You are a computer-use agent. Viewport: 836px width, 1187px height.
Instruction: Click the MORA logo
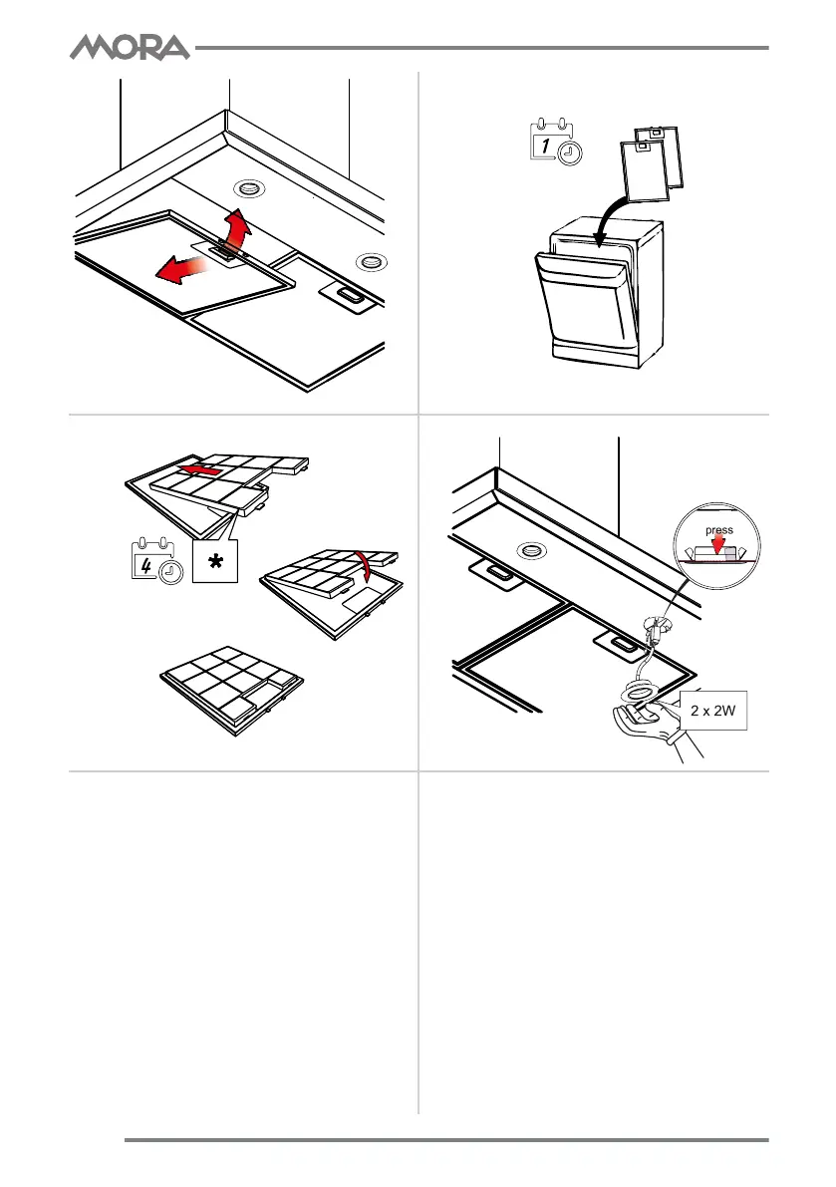click(x=129, y=47)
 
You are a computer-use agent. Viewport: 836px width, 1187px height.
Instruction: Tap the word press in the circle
click(x=718, y=531)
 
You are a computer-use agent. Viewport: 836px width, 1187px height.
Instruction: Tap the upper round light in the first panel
click(x=245, y=189)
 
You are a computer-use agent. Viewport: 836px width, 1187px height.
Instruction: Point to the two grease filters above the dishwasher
click(x=652, y=159)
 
